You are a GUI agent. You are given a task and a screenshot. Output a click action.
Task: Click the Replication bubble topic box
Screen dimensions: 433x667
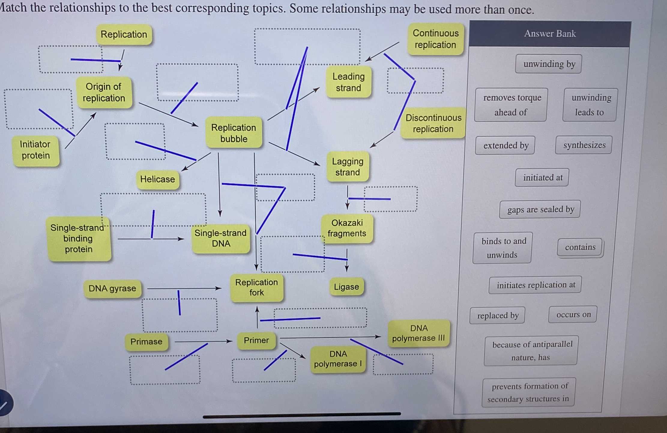[234, 133]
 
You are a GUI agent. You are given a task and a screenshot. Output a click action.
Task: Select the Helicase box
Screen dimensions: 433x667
[158, 179]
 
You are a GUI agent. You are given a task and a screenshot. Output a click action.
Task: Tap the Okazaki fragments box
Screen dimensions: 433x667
[347, 228]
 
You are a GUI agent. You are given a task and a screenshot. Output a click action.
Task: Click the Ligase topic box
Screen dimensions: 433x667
[346, 287]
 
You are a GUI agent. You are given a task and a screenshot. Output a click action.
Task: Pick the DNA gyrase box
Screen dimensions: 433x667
[112, 288]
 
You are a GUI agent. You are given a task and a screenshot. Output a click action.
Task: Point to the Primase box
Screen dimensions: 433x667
[146, 342]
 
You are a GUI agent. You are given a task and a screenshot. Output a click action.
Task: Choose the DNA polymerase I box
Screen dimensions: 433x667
[338, 359]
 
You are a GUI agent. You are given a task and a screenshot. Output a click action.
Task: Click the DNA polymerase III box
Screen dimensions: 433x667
[418, 333]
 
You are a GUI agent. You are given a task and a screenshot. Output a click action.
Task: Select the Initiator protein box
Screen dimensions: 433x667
[35, 150]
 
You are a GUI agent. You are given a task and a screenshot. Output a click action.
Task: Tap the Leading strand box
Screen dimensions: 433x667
[349, 82]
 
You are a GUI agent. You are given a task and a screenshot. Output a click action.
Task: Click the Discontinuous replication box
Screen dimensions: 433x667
[433, 123]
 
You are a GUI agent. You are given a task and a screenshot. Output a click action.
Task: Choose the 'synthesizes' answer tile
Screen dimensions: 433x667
[584, 145]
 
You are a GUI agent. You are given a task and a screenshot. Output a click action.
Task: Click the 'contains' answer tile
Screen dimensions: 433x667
[580, 247]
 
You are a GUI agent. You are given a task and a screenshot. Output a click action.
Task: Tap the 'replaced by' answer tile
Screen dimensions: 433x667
[498, 316]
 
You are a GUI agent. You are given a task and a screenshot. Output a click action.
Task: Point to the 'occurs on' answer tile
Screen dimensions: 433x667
[573, 315]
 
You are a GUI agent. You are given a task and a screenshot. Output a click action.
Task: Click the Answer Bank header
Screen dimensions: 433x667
[550, 34]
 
